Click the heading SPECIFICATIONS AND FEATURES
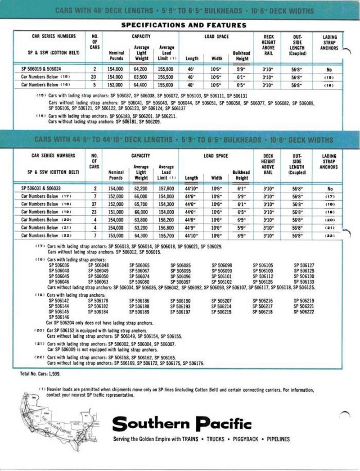pyautogui.click(x=184, y=25)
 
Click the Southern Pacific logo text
pyautogui.click(x=182, y=424)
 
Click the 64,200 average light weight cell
pyautogui.click(x=141, y=68)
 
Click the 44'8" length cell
pyautogui.click(x=192, y=220)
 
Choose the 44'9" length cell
pyautogui.click(x=192, y=227)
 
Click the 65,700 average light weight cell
pyautogui.click(x=141, y=204)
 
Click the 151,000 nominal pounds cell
pyautogui.click(x=117, y=212)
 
